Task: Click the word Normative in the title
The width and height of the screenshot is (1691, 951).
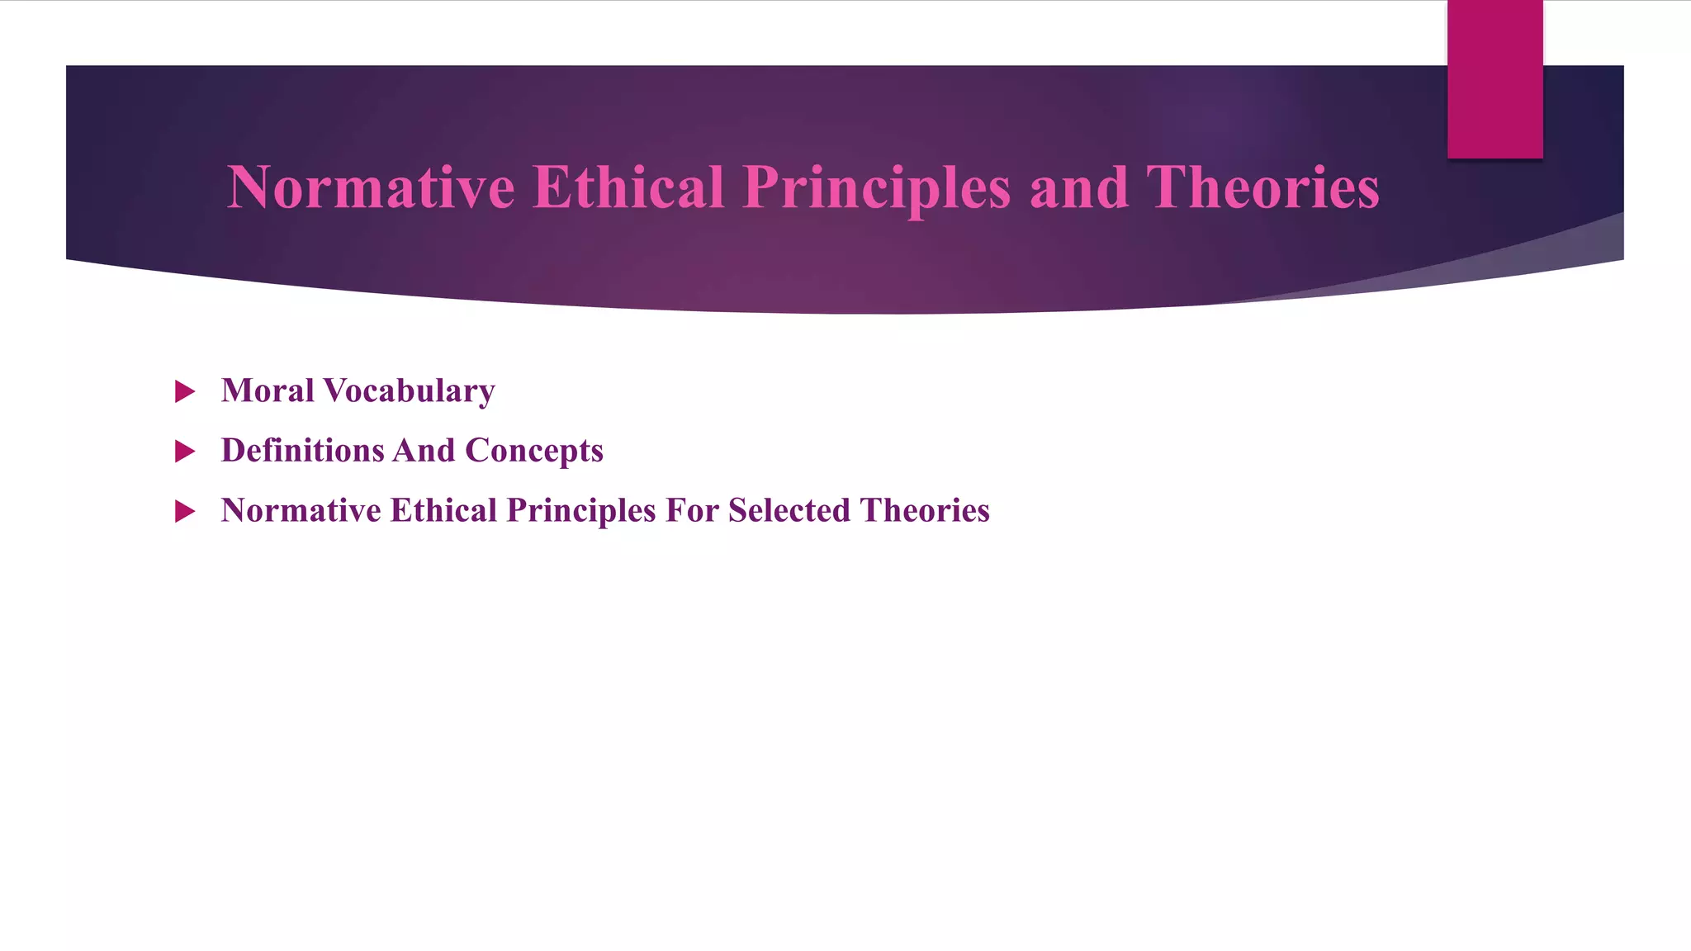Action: point(371,187)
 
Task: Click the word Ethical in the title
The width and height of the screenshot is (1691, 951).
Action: point(628,187)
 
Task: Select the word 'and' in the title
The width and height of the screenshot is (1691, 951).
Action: point(1078,187)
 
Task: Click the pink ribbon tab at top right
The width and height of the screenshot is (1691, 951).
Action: point(1494,78)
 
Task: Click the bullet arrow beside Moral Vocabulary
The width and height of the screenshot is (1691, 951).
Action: point(185,391)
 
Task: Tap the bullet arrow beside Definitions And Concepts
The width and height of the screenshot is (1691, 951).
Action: point(185,452)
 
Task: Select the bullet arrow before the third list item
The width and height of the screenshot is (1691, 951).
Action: point(185,512)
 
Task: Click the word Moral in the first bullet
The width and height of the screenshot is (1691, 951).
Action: point(268,390)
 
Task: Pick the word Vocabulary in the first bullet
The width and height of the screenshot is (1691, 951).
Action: point(410,391)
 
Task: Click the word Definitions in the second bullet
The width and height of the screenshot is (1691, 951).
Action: point(302,451)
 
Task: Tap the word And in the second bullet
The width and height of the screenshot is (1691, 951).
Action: point(424,451)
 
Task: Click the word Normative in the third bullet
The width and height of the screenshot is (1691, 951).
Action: point(301,510)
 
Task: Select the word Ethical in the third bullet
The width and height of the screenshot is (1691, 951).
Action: point(443,510)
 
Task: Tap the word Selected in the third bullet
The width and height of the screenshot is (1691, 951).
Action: point(789,510)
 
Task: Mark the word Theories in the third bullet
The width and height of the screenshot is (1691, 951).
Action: point(924,510)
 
